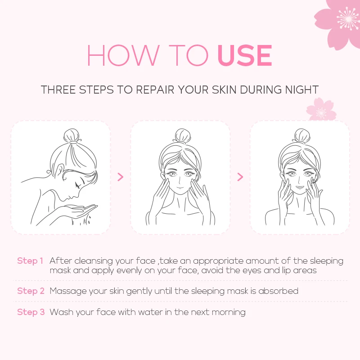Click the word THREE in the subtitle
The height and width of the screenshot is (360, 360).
click(x=58, y=90)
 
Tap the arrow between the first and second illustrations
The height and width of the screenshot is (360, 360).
click(x=120, y=177)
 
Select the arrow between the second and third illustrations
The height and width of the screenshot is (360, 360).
click(x=240, y=177)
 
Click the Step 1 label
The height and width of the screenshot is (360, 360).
click(x=30, y=261)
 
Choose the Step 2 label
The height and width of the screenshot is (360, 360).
click(x=30, y=291)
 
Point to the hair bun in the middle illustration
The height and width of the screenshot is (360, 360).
click(x=182, y=135)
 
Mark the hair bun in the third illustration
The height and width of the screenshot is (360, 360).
click(x=301, y=135)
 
